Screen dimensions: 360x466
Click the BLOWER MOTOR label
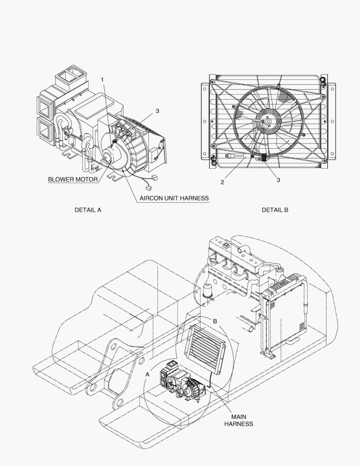(73, 179)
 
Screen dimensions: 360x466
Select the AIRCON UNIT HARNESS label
(174, 198)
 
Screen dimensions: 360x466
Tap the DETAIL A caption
(88, 210)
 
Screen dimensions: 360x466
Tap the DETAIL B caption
(275, 210)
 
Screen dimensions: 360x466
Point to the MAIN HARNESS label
(238, 421)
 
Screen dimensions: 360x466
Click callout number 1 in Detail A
(102, 80)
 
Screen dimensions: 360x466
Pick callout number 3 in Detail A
(157, 111)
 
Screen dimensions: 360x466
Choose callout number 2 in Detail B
(222, 182)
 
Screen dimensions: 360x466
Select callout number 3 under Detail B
(279, 180)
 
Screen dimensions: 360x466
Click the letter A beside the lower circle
(147, 375)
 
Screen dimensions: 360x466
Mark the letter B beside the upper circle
(215, 321)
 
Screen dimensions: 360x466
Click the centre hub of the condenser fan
(268, 121)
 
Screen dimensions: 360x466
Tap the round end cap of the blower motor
(108, 155)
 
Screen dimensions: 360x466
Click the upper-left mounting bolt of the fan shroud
(212, 82)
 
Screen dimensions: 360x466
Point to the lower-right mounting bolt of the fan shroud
(324, 161)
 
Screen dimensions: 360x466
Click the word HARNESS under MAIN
(238, 424)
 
